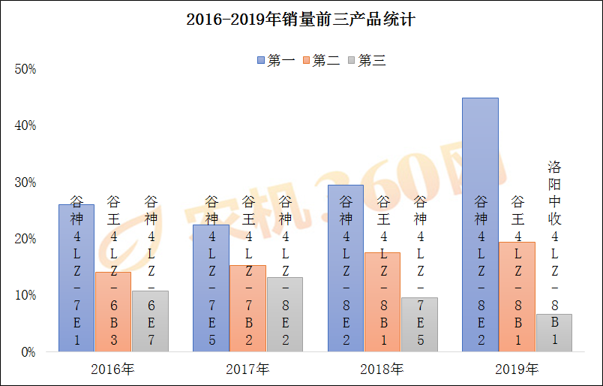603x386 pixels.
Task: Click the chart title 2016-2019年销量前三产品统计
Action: [301, 20]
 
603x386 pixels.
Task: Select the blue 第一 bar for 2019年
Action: [480, 225]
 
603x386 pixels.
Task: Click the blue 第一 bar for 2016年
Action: [76, 278]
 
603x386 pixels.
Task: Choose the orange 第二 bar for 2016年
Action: [113, 312]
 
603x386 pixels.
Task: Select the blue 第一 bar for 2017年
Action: [211, 288]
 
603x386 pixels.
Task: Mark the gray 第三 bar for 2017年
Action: [285, 315]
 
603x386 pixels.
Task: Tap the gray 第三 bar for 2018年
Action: [419, 324]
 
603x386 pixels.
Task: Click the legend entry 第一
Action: [276, 61]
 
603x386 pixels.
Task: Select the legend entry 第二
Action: [321, 61]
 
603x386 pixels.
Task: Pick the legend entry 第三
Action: [367, 61]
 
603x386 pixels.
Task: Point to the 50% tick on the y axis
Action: [25, 69]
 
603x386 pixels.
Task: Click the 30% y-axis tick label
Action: [25, 182]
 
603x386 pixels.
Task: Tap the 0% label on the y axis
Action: [28, 351]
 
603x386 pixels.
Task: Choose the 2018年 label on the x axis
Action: [382, 369]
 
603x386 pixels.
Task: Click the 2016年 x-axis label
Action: [112, 369]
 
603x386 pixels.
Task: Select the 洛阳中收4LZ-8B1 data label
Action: [553, 252]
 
